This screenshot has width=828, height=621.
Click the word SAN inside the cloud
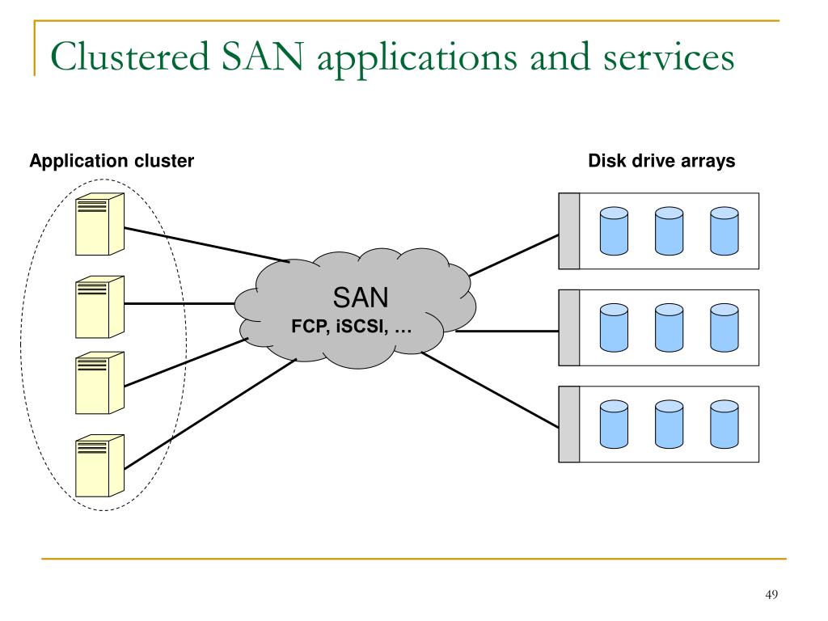(361, 298)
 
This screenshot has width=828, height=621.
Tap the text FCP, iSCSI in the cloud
(340, 327)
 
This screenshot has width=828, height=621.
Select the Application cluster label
(112, 161)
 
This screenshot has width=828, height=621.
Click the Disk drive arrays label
(661, 161)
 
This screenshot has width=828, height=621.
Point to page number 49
(771, 594)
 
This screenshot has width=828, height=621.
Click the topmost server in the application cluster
(99, 225)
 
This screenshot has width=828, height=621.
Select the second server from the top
(99, 306)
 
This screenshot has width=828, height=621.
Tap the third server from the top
(99, 382)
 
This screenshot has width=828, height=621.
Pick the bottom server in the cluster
(99, 466)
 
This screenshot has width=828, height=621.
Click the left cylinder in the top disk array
(615, 231)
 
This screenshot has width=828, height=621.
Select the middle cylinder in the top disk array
(669, 231)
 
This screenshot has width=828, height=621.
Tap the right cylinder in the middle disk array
(724, 328)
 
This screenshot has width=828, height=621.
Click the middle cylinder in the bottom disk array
(669, 425)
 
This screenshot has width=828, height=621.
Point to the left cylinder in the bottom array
(615, 425)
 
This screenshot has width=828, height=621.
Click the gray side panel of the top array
(569, 231)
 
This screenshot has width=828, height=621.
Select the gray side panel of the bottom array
(569, 425)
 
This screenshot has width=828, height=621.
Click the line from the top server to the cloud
(207, 244)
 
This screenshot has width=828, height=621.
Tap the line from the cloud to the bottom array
(490, 390)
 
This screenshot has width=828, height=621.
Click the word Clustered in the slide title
(130, 57)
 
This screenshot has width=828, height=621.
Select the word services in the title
(669, 58)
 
